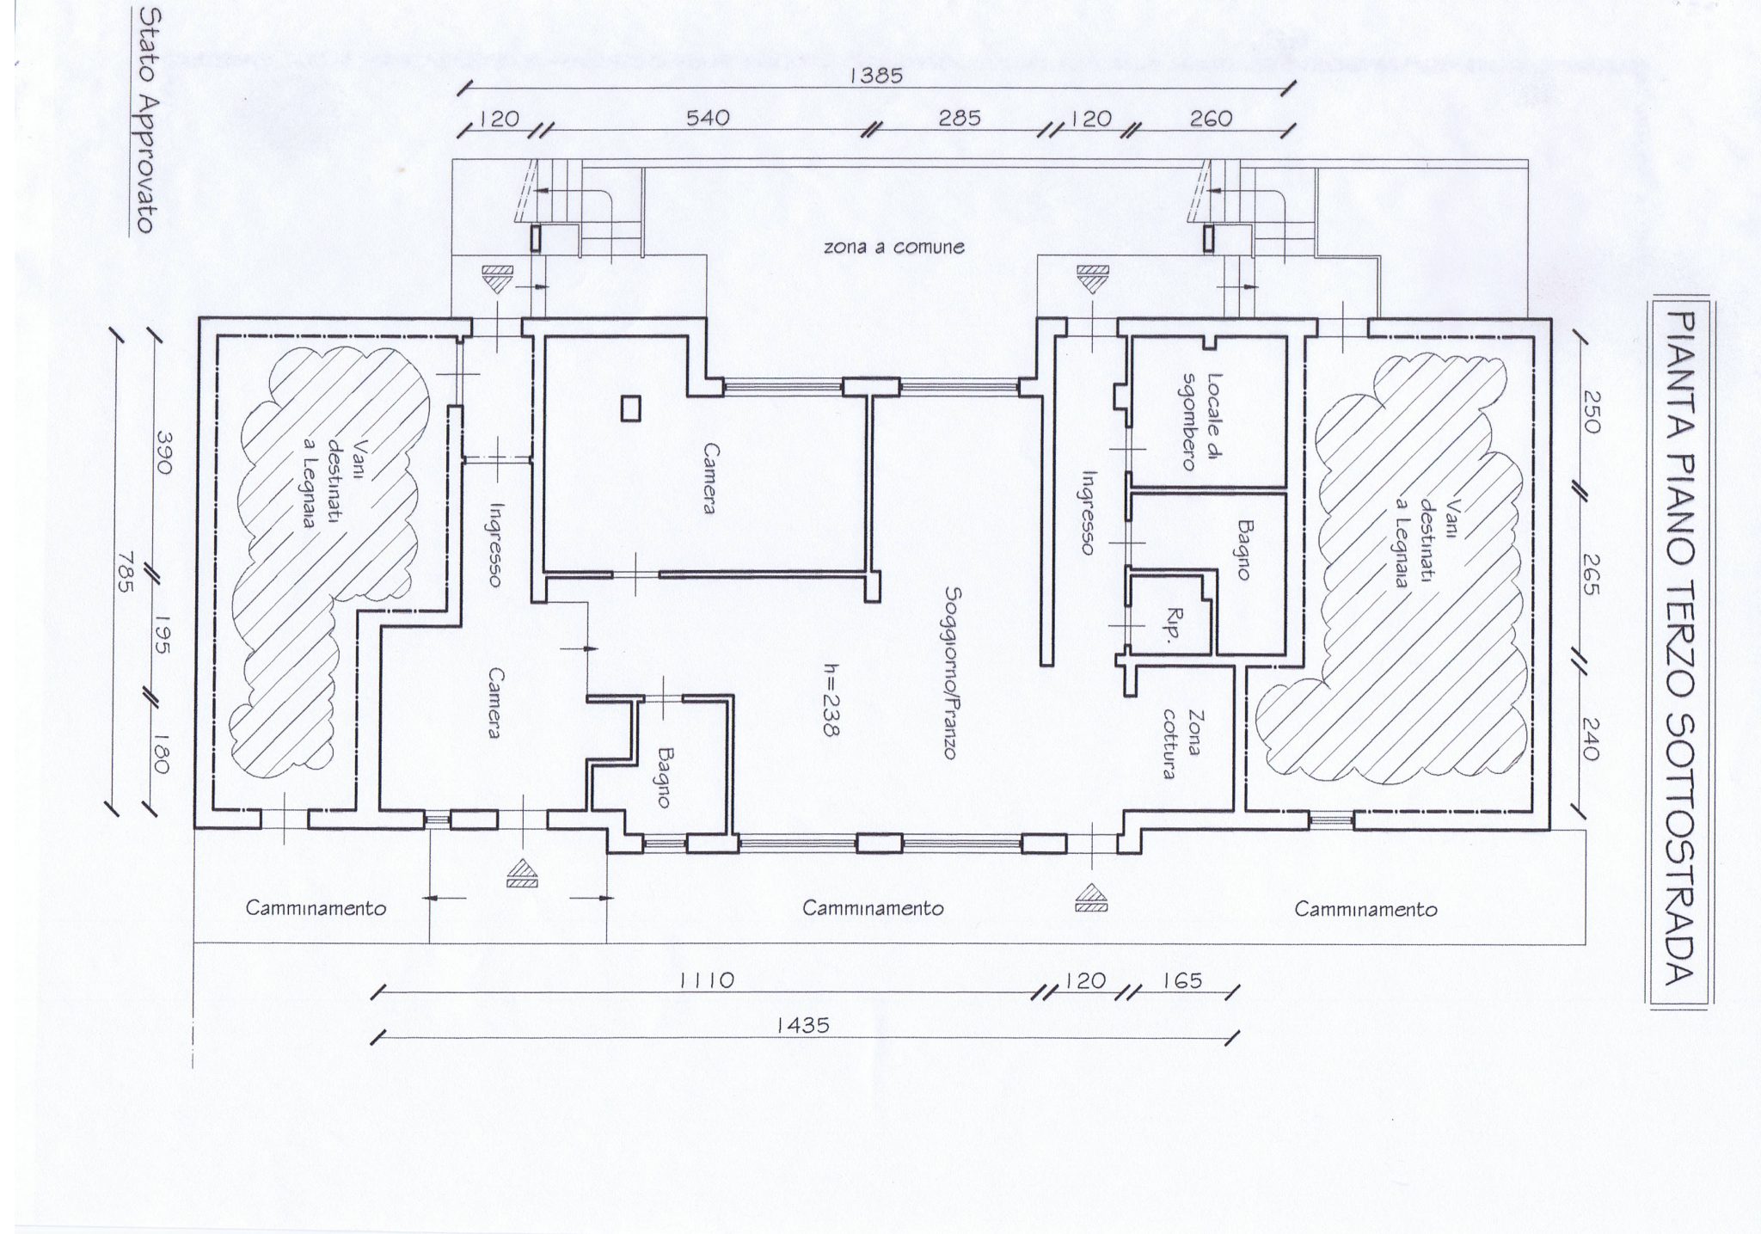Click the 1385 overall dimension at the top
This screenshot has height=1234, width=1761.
click(876, 76)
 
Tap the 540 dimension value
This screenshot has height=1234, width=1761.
click(709, 118)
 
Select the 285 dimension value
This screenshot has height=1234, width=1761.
click(959, 118)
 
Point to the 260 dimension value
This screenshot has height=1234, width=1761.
click(1211, 118)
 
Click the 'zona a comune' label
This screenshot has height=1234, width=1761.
click(894, 248)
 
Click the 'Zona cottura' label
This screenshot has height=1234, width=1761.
click(1179, 744)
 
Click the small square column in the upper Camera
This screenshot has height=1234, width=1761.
click(631, 408)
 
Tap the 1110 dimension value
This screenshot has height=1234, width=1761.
click(707, 979)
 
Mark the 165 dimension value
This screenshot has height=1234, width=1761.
click(1182, 979)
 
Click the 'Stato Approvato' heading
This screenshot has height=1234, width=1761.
click(144, 122)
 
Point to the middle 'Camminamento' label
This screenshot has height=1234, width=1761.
click(873, 908)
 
